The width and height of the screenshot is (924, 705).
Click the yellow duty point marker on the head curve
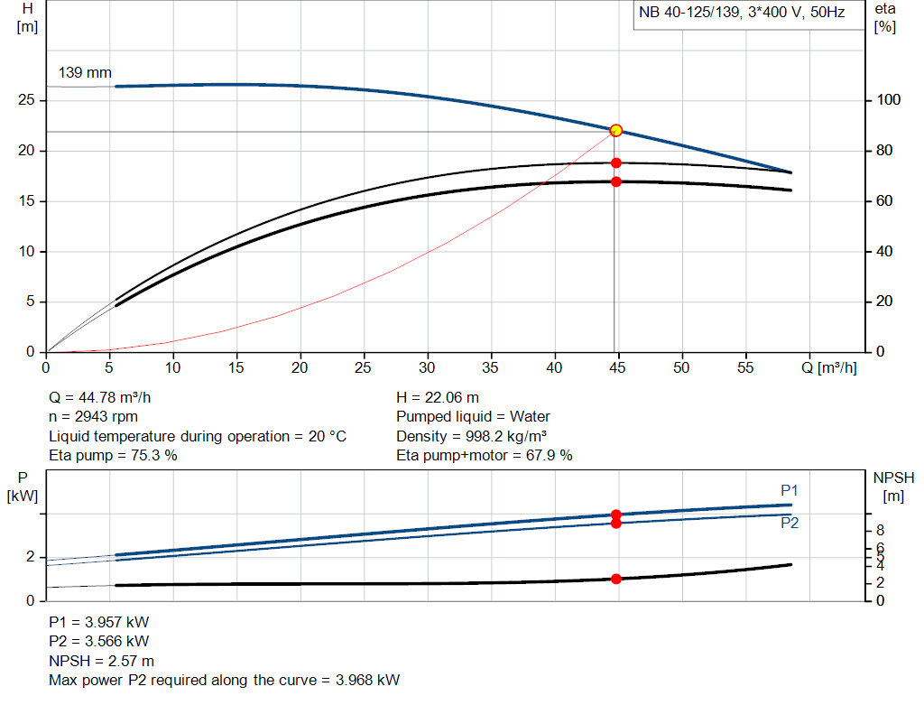point(616,130)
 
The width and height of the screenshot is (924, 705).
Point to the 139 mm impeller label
point(85,72)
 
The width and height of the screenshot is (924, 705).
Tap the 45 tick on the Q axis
point(617,367)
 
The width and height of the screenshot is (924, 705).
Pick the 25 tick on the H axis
point(25,100)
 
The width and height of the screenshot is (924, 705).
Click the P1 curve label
point(790,490)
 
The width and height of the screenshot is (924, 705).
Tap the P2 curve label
point(790,523)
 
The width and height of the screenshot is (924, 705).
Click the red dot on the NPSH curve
point(616,579)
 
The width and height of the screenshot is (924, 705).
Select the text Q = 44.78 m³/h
point(106,397)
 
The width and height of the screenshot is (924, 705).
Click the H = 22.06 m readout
point(438,397)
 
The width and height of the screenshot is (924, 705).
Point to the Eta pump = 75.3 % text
point(113,456)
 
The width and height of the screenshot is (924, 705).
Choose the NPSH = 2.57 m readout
point(101,661)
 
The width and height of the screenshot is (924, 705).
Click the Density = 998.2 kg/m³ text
point(472,436)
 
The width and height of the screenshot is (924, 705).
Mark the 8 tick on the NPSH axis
point(880,530)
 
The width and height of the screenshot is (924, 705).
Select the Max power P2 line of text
point(224,680)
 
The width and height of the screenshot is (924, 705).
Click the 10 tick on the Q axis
point(172,367)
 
